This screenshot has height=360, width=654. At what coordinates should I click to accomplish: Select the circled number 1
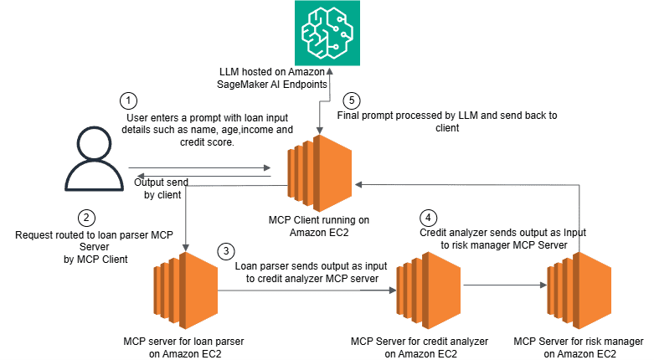pos(127,101)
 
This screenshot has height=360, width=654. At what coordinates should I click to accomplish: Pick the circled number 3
pos(225,251)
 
